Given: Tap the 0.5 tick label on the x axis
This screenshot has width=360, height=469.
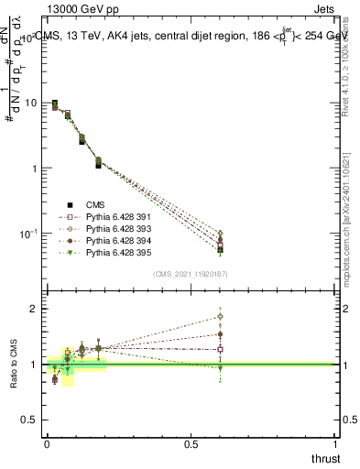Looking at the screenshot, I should coord(191,444).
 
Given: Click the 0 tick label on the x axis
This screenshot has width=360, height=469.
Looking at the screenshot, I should coord(46,444).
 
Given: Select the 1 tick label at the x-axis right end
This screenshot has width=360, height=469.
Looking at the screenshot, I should coord(335,444).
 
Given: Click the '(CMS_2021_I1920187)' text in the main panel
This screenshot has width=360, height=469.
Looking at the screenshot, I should coord(191,273).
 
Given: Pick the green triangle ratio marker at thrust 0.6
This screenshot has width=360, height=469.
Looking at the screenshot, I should coord(220,368).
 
